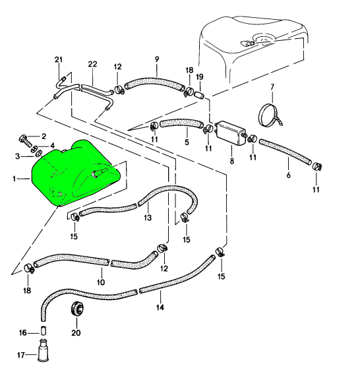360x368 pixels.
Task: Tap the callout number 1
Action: point(14,179)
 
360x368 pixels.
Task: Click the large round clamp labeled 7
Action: point(270,115)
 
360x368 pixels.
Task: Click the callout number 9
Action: point(157,59)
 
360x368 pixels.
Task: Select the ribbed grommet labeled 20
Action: point(77,308)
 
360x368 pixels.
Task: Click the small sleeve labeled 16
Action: point(44,331)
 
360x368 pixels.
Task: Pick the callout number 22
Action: point(92,64)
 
